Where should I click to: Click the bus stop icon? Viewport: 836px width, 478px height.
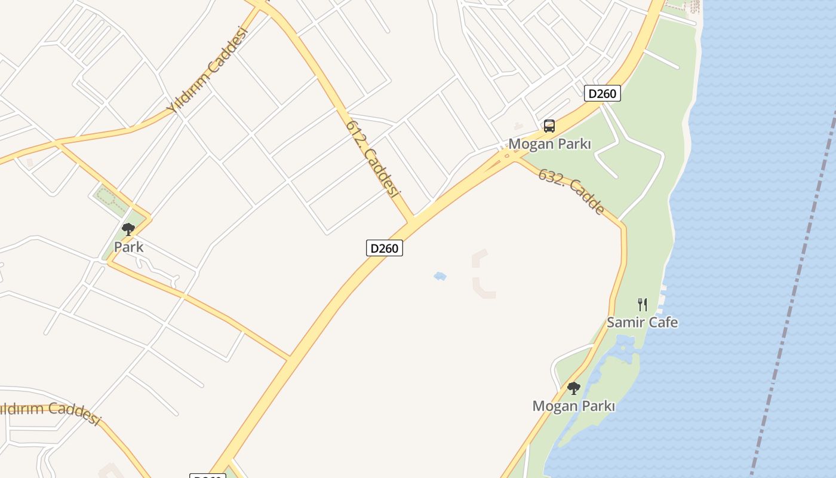[x=549, y=126]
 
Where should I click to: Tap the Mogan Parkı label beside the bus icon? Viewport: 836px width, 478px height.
[x=549, y=144]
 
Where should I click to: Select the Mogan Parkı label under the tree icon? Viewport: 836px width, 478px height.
[x=573, y=406]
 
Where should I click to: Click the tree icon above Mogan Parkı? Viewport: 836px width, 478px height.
[x=573, y=388]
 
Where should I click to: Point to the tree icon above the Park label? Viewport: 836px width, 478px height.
[x=128, y=229]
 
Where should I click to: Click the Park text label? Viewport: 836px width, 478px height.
[x=128, y=247]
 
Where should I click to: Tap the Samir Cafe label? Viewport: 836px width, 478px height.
[x=642, y=322]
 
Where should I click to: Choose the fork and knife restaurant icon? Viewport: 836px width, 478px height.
[x=642, y=304]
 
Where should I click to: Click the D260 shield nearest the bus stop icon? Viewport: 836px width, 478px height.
[x=602, y=93]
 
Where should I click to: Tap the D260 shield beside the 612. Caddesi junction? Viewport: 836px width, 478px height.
[x=384, y=248]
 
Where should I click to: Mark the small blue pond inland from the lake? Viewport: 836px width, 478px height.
[x=440, y=276]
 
